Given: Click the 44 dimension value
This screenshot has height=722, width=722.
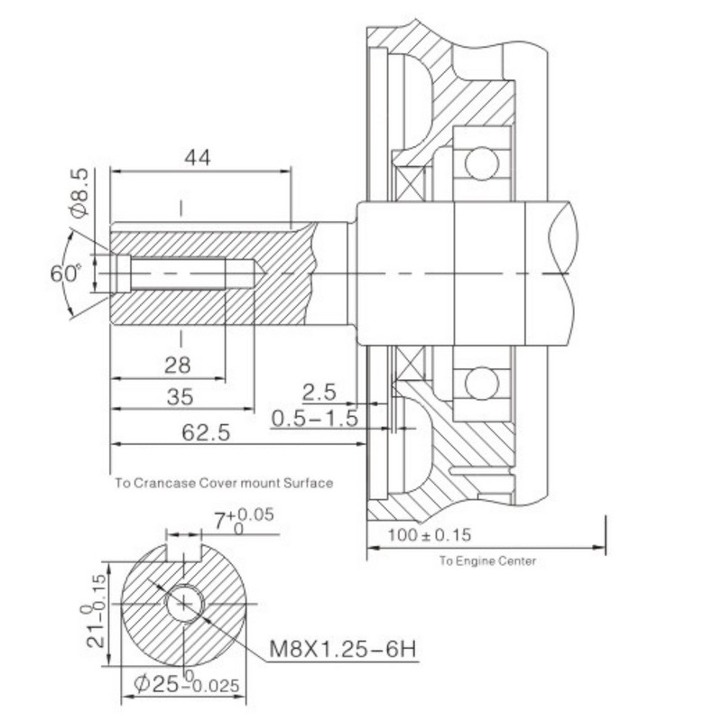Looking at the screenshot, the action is pos(198,157).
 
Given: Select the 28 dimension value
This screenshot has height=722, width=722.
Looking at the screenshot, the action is pos(177,366).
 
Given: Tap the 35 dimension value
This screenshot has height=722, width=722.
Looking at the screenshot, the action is pos(180,397).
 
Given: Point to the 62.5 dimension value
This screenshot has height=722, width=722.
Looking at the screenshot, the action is pos(206,433).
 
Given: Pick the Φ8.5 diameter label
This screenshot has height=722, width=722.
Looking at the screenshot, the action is pos(79,193).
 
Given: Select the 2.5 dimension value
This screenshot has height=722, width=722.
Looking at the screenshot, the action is pos(319,393).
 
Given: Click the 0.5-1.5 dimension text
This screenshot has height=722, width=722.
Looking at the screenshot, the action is pos(315,419).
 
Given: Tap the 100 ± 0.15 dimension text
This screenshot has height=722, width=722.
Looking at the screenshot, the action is pos(430,535).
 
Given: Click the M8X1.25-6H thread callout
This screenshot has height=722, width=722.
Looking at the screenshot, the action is pos(343,649).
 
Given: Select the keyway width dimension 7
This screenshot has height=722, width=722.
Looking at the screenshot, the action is pos(244,522).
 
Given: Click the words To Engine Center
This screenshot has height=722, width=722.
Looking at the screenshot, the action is pos(487,561).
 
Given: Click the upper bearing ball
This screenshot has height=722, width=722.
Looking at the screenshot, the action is pos(482,162).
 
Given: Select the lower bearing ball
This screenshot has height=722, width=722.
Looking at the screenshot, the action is pos(482,383).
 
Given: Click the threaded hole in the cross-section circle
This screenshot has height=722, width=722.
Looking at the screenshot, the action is pos(184,603).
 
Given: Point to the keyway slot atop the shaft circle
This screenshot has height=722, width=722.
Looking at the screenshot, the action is pos(184,551).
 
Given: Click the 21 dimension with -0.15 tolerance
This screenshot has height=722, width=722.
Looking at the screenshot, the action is pos(95,610).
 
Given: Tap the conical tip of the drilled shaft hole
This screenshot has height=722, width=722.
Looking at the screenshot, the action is pos(258,273).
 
